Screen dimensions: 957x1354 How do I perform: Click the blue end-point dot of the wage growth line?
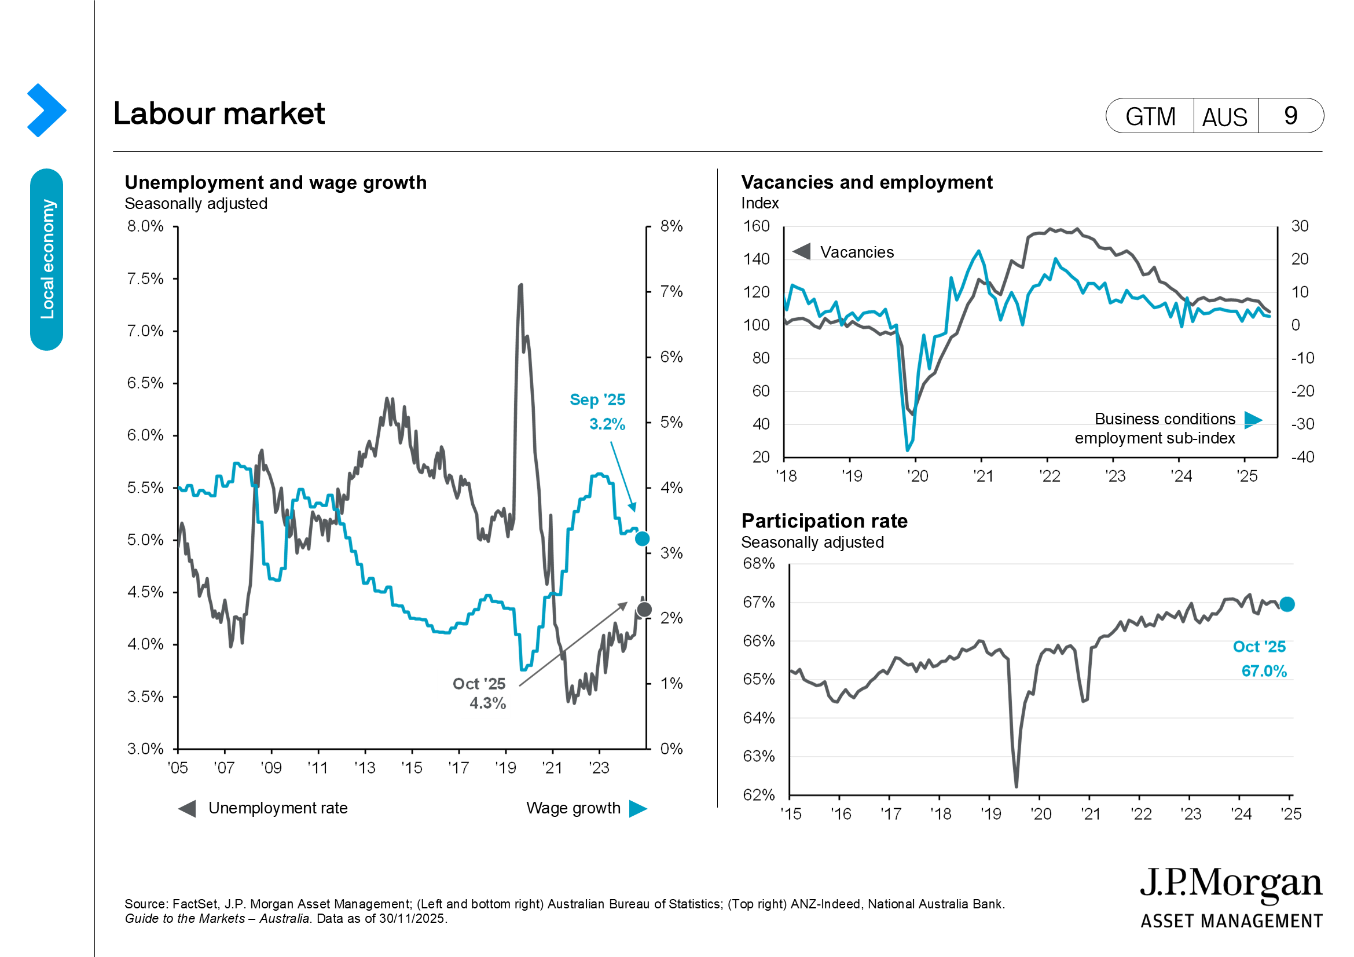point(642,538)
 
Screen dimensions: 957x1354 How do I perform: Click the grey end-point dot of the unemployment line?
point(644,609)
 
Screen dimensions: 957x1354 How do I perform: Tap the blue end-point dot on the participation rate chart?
point(1287,604)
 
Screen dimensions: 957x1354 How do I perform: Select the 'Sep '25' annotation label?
point(597,400)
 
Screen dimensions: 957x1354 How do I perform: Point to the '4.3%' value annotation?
point(487,703)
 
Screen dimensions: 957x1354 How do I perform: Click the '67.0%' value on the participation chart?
point(1264,671)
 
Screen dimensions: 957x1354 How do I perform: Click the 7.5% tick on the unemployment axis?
point(145,278)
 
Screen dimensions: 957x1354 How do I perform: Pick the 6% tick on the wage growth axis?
point(671,357)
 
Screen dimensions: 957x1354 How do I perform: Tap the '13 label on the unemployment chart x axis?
point(365,768)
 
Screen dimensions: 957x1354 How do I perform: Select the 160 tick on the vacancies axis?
point(756,226)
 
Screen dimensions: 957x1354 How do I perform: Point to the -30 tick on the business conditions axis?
point(1302,424)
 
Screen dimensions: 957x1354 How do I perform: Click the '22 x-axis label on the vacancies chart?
point(1049,476)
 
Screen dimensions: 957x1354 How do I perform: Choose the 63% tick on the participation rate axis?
point(758,756)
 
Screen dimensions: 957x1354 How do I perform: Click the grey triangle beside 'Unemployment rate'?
point(188,808)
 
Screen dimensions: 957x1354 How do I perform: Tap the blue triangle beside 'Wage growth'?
point(637,808)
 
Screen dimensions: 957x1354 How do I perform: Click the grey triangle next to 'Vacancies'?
point(801,252)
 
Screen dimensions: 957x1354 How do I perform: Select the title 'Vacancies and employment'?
point(867,182)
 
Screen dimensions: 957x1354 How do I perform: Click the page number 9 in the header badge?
point(1290,116)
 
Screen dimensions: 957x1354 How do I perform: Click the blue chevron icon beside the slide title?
point(46,110)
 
